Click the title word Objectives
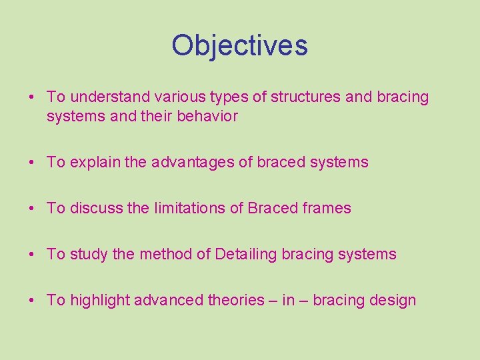pyautogui.click(x=239, y=45)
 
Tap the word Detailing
pyautogui.click(x=246, y=254)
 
